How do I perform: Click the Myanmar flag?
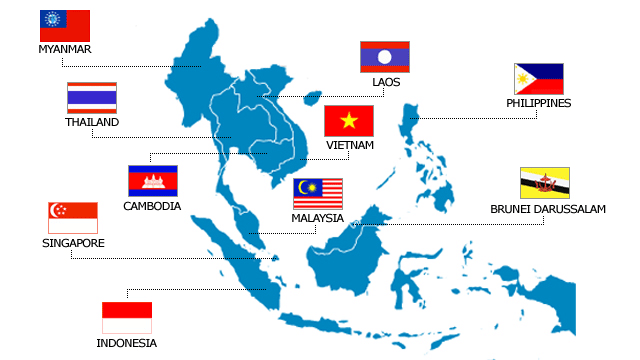coord(64,25)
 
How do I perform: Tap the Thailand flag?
coord(92,97)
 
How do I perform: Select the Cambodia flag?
coord(152,180)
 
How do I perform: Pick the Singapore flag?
coord(73,218)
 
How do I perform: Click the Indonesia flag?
coord(127,318)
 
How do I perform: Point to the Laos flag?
coord(385,57)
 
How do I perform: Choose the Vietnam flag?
coord(349,121)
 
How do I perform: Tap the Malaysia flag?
coord(318,194)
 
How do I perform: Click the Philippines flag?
coord(539,79)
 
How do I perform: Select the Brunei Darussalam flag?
coord(545,183)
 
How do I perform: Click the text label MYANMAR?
coord(64,49)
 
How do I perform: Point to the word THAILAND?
coord(92,122)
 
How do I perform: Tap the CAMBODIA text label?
coord(152,206)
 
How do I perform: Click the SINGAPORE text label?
coord(73,243)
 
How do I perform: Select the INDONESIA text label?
coord(127,343)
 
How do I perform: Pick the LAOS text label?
coord(385,82)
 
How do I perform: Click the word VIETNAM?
coord(349,145)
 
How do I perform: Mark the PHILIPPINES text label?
coord(539,103)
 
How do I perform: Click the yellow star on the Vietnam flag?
coord(349,121)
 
